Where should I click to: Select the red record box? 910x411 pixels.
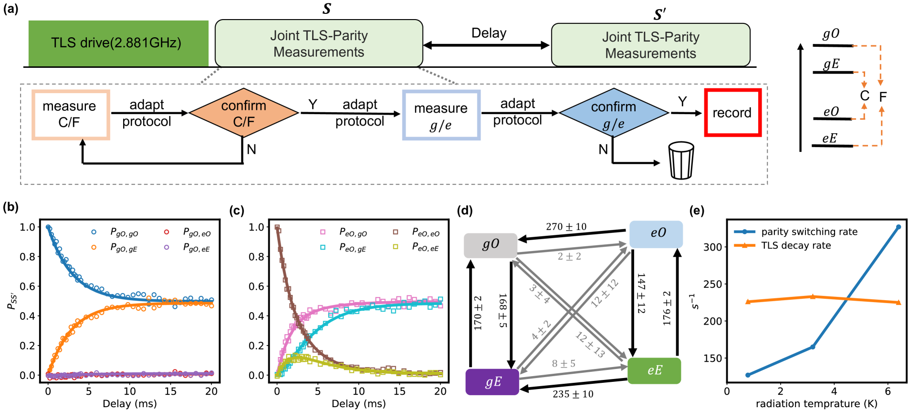tap(732, 113)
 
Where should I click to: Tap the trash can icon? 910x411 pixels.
tap(681, 160)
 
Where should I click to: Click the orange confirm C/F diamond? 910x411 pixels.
tap(244, 114)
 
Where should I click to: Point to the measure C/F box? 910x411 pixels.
tap(71, 115)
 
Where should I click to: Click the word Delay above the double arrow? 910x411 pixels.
tap(489, 33)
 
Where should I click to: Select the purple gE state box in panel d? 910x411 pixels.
tap(492, 382)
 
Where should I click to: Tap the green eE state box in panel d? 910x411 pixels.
tap(654, 370)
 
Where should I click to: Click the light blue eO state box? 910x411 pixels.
tap(656, 233)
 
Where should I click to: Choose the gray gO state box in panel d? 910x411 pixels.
tap(491, 245)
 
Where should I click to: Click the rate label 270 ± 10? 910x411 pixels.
tap(566, 227)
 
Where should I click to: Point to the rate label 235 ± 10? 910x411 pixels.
tap(573, 394)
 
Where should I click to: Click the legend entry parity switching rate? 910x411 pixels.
tap(809, 232)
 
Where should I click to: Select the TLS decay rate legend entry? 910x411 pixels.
tap(795, 245)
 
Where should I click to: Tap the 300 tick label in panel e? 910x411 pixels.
tap(712, 247)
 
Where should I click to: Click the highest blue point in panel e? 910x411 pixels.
tap(899, 227)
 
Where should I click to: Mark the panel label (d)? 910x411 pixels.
tap(465, 211)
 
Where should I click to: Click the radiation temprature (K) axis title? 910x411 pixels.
tap(816, 404)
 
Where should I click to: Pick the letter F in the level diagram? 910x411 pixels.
tap(883, 97)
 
